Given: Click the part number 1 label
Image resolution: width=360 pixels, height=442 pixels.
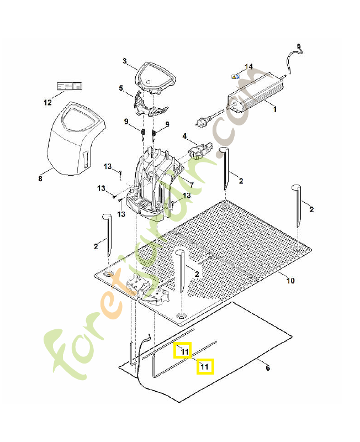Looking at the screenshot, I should tap(275, 109).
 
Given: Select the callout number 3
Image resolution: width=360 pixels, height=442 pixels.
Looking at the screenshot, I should tap(125, 61).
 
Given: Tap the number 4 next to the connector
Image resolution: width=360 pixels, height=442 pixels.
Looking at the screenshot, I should tap(185, 135).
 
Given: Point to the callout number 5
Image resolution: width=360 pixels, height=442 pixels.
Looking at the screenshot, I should tap(121, 88).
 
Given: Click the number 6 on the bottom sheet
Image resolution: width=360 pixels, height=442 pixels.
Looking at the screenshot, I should tap(268, 368).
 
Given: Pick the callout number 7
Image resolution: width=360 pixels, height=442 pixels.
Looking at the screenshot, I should tap(191, 185).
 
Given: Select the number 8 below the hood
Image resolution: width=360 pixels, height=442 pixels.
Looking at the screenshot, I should tap(40, 178).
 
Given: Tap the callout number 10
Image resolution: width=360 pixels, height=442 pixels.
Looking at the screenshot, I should tap(290, 281).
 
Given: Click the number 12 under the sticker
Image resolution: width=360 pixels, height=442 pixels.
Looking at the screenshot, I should tap(47, 102).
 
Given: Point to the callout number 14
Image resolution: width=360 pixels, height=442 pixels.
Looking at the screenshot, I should tap(249, 67).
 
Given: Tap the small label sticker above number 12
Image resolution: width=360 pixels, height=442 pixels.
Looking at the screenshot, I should tap(69, 87).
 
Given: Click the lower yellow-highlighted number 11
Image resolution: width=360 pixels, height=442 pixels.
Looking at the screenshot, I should tap(205, 366).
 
